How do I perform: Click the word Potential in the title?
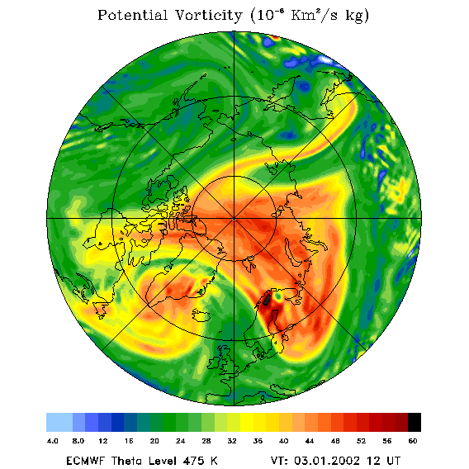(132, 15)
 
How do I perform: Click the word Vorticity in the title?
(208, 15)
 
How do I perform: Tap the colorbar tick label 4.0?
(53, 441)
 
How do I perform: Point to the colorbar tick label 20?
(154, 441)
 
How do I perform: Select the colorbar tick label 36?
(258, 441)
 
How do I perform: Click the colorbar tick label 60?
(413, 441)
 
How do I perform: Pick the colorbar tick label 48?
(335, 441)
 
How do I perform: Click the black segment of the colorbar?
(415, 422)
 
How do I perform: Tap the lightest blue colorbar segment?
(59, 422)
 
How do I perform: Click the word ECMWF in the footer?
(86, 461)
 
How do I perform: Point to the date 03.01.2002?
(327, 461)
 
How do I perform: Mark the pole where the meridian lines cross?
(234, 220)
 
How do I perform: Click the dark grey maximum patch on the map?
(267, 300)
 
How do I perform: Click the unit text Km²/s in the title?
(315, 15)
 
